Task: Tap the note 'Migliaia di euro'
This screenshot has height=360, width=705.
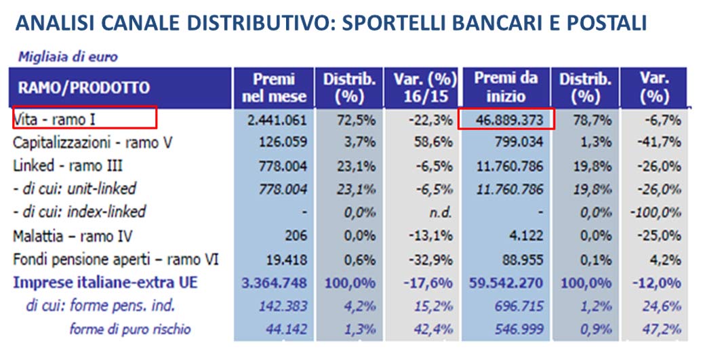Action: click(68, 57)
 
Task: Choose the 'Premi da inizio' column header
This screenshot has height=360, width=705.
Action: click(506, 88)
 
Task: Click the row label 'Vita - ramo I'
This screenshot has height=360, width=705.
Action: click(55, 120)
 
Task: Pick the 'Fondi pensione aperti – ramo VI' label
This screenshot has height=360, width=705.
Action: click(116, 259)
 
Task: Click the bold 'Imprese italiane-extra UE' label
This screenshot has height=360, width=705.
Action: click(105, 283)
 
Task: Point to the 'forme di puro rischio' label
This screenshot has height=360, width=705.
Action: click(130, 329)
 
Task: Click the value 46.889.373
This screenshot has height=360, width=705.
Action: click(506, 120)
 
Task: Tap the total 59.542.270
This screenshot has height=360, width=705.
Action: click(505, 283)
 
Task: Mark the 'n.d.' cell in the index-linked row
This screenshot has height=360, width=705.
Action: click(441, 212)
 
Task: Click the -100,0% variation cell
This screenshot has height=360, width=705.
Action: click(659, 212)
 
